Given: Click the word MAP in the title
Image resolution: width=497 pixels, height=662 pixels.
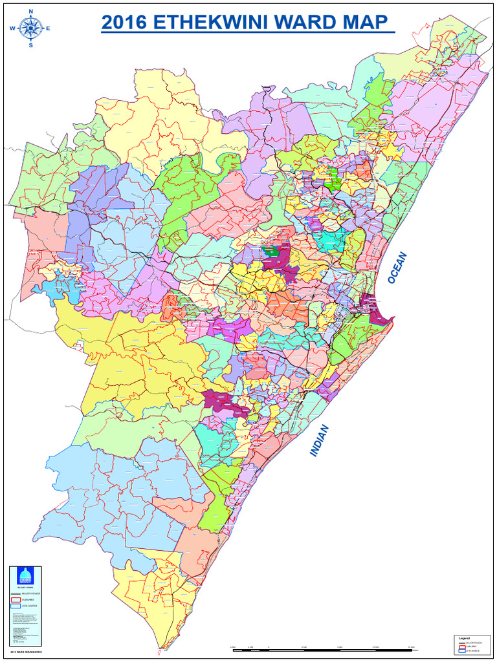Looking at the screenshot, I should click(367, 23).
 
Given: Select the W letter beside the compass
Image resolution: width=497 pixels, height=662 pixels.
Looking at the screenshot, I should click(12, 28).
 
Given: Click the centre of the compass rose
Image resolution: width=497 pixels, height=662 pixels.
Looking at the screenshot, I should click(30, 28).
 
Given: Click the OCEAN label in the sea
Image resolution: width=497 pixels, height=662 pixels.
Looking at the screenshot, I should click(399, 267).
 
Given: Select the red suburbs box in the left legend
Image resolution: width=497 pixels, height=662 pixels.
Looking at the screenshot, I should click(16, 600).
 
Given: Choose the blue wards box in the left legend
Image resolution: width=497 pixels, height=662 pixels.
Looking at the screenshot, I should click(16, 606).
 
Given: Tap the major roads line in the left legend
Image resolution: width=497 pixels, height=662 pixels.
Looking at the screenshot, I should click(16, 593).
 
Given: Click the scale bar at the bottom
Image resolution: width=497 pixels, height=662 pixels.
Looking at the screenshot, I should click(324, 649).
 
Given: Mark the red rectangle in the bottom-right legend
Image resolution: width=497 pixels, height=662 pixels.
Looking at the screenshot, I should click(462, 646).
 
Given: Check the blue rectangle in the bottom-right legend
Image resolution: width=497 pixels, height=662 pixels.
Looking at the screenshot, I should click(462, 651).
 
